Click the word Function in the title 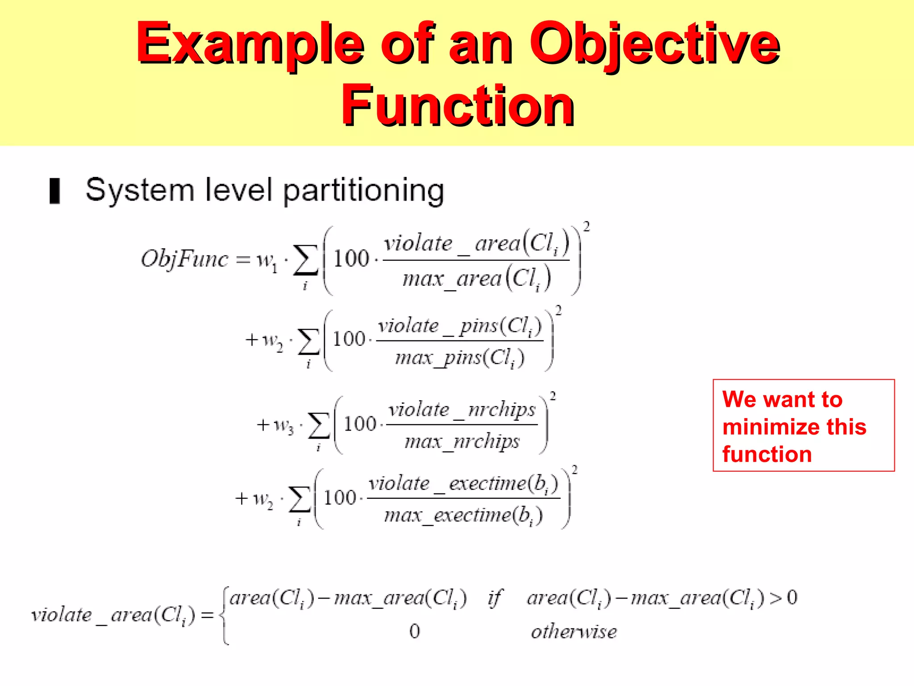[x=457, y=106]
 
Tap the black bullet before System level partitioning [x=54, y=191]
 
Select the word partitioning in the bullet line [x=364, y=191]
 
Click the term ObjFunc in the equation [x=184, y=259]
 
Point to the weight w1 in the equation [x=267, y=260]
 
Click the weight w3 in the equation [x=283, y=425]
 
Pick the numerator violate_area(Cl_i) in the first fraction [x=476, y=244]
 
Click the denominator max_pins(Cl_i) [x=460, y=358]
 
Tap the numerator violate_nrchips [x=462, y=410]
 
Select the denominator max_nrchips [x=462, y=442]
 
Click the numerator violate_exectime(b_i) [x=463, y=484]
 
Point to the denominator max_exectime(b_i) [x=463, y=515]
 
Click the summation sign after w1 [x=305, y=260]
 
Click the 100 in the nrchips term [x=360, y=424]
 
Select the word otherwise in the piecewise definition [x=573, y=632]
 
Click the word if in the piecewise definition [x=495, y=598]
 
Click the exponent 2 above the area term [x=586, y=227]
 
